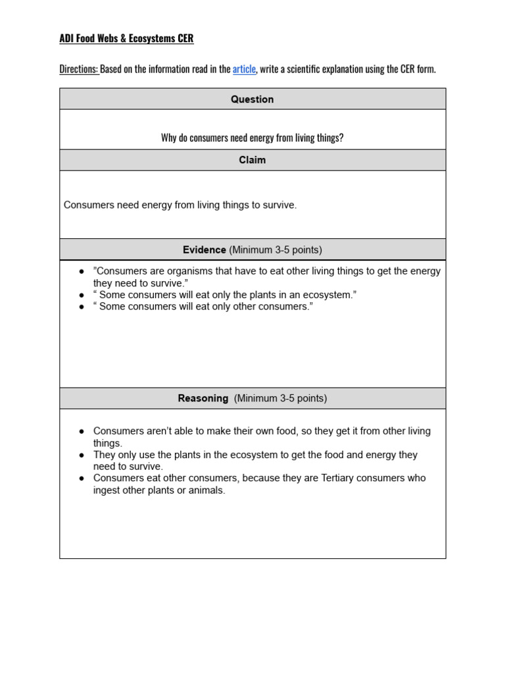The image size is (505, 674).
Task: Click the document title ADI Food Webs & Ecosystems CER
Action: tap(126, 39)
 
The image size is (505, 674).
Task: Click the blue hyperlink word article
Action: tap(244, 69)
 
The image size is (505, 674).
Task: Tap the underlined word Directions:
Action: tap(79, 69)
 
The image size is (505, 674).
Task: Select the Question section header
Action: tap(252, 99)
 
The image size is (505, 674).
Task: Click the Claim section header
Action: tap(252, 160)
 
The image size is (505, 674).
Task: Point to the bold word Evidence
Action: tap(204, 250)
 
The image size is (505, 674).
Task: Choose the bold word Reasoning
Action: tap(203, 398)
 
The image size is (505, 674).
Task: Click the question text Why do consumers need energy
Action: tap(252, 138)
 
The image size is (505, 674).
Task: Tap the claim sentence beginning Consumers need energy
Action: tap(180, 205)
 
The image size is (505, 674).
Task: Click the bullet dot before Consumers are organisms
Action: tap(82, 271)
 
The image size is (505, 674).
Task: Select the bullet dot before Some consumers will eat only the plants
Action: tap(82, 295)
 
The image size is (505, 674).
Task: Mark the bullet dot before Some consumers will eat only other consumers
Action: tap(82, 307)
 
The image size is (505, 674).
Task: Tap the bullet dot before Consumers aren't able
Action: tap(82, 431)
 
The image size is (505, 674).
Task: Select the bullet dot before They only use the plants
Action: tap(82, 455)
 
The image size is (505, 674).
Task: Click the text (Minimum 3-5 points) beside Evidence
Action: tap(276, 250)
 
